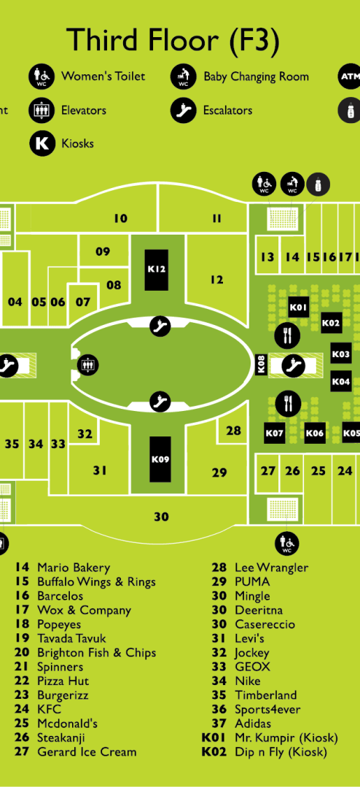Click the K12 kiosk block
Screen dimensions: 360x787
click(x=157, y=270)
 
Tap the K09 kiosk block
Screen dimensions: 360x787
click(x=160, y=459)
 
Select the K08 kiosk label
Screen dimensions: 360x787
click(x=261, y=364)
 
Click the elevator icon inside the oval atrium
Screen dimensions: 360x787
click(x=90, y=364)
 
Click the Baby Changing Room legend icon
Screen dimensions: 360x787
click(x=183, y=77)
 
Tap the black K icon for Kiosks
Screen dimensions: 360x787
click(x=42, y=144)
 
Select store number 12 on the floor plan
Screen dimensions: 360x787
click(x=217, y=280)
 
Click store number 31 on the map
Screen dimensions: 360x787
click(x=100, y=470)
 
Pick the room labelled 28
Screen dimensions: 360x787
click(x=233, y=431)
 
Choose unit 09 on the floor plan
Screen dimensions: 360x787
click(x=103, y=251)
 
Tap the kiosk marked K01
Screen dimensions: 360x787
click(x=298, y=307)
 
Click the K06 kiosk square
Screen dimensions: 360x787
click(x=315, y=433)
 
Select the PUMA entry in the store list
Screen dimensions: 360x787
click(x=252, y=582)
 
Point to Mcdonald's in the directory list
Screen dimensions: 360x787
click(x=67, y=724)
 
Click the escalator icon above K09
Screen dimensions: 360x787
click(x=161, y=402)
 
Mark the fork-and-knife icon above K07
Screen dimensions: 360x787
click(x=288, y=404)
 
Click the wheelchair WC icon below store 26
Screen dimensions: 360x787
click(x=286, y=543)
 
